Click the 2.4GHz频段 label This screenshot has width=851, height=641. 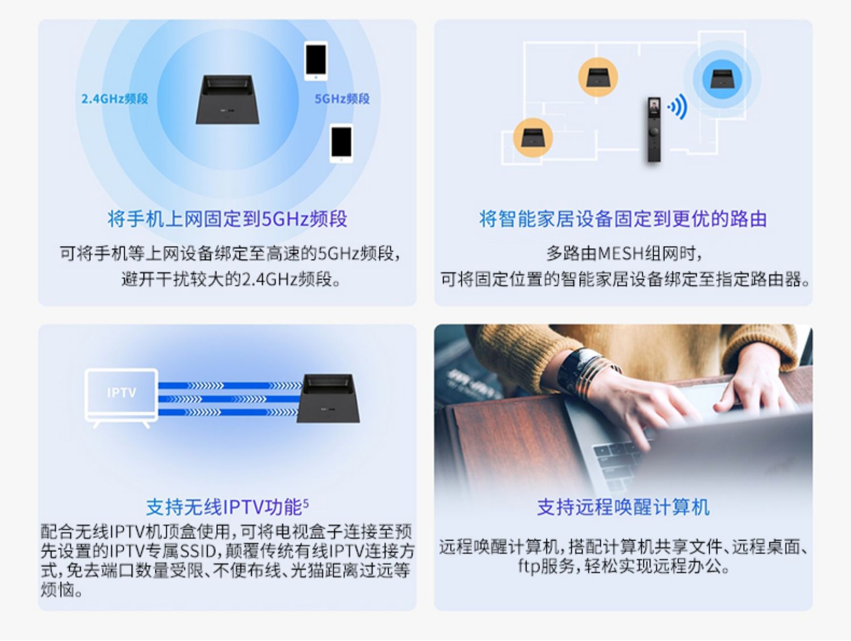coord(115,99)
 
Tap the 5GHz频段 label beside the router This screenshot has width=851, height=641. coord(342,99)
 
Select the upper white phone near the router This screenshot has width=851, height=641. coord(315,60)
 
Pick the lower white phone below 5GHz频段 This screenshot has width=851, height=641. coord(341,143)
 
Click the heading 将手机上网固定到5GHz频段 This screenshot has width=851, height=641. coord(228,219)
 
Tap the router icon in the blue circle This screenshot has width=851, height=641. coord(722,78)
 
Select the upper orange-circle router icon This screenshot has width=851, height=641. coord(597,77)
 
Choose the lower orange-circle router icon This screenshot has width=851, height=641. coord(533,138)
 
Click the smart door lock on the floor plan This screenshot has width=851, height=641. coord(654,129)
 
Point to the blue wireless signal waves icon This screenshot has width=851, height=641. coord(678,107)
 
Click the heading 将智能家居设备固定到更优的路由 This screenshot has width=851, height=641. coord(623,219)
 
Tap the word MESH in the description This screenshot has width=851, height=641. coord(621,253)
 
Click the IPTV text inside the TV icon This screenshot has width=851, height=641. coord(121,392)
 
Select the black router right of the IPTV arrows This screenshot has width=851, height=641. coord(331,398)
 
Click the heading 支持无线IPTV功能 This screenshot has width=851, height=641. coord(225,507)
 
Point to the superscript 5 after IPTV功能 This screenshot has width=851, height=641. coord(306,502)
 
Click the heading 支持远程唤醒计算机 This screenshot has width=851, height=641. coord(623,507)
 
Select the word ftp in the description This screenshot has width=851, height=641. coord(529,566)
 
